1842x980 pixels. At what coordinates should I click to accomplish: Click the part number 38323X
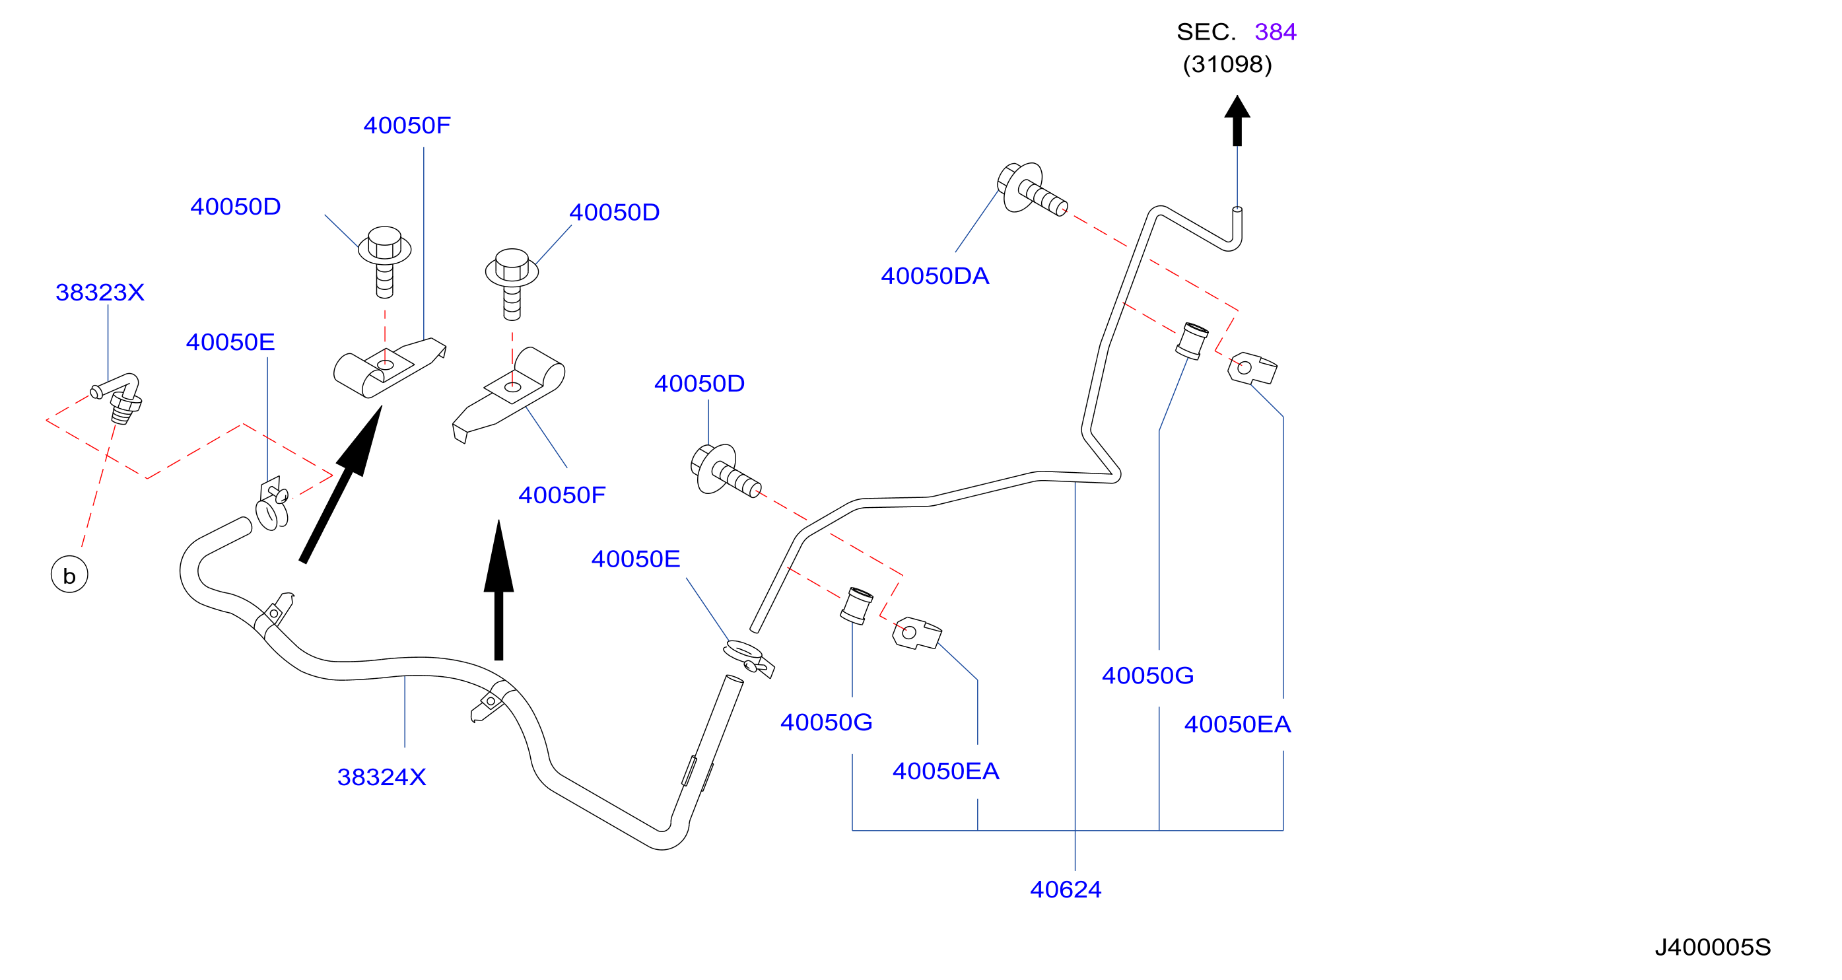[100, 293]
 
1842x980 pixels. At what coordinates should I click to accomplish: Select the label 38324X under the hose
[381, 777]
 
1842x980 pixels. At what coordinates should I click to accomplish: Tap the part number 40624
[1066, 890]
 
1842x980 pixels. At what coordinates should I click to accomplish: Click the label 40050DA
[935, 276]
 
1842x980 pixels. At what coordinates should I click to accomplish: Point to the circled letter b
[69, 575]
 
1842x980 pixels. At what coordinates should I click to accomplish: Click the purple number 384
[1275, 32]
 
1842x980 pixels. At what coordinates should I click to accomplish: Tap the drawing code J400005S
[1713, 948]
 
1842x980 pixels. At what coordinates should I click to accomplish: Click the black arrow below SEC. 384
[1237, 121]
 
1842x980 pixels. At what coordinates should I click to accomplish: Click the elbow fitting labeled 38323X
[118, 398]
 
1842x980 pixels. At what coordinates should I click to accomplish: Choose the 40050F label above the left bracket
[407, 126]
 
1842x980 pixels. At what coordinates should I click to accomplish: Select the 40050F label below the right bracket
[562, 495]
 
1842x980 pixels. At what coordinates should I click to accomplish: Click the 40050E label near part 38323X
[230, 343]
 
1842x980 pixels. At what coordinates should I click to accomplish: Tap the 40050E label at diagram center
[636, 559]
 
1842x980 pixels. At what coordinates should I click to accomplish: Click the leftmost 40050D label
[235, 207]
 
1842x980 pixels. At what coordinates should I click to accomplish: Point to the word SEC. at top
[1206, 32]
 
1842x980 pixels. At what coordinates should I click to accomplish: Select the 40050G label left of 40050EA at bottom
[827, 722]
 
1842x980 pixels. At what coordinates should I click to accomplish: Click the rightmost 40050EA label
[1238, 724]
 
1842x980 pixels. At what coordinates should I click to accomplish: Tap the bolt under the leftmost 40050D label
[385, 262]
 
